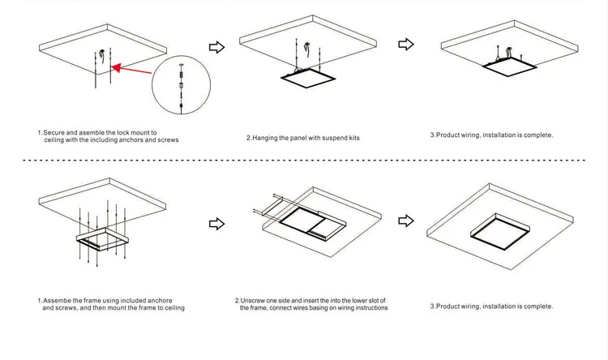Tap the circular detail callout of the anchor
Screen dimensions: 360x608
[180, 85]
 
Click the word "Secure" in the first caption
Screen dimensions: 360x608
[54, 132]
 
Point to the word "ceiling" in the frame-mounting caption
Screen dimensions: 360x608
[172, 308]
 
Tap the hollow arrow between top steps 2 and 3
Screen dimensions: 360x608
[406, 44]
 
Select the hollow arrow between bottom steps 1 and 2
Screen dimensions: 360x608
[216, 222]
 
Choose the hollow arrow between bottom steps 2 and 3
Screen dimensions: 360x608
[406, 220]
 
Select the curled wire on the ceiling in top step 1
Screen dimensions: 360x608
[101, 55]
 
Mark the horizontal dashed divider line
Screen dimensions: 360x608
[304, 161]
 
